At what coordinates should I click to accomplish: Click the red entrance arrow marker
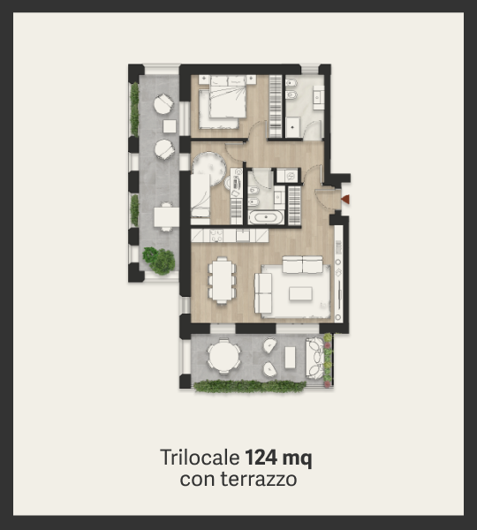pyautogui.click(x=345, y=200)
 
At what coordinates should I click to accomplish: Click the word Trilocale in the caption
pyautogui.click(x=200, y=458)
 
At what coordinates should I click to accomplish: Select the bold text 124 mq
pyautogui.click(x=278, y=458)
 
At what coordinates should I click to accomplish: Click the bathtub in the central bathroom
pyautogui.click(x=266, y=217)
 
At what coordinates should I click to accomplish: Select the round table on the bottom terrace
pyautogui.click(x=223, y=356)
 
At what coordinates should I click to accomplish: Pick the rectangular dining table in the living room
pyautogui.click(x=222, y=280)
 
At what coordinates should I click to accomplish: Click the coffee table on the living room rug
pyautogui.click(x=300, y=293)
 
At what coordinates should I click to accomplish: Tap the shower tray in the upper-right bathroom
pyautogui.click(x=292, y=127)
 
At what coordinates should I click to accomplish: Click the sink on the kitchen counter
pyautogui.click(x=243, y=235)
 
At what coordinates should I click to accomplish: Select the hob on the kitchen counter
pyautogui.click(x=216, y=235)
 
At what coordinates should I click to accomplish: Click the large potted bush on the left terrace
pyautogui.click(x=159, y=261)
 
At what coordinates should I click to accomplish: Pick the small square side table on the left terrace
pyautogui.click(x=170, y=126)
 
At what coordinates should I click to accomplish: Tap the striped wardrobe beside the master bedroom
pyautogui.click(x=276, y=106)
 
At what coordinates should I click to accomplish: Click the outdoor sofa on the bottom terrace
pyautogui.click(x=314, y=358)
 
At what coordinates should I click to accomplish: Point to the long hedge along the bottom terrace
pyautogui.click(x=250, y=386)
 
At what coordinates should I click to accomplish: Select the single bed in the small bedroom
pyautogui.click(x=201, y=195)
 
